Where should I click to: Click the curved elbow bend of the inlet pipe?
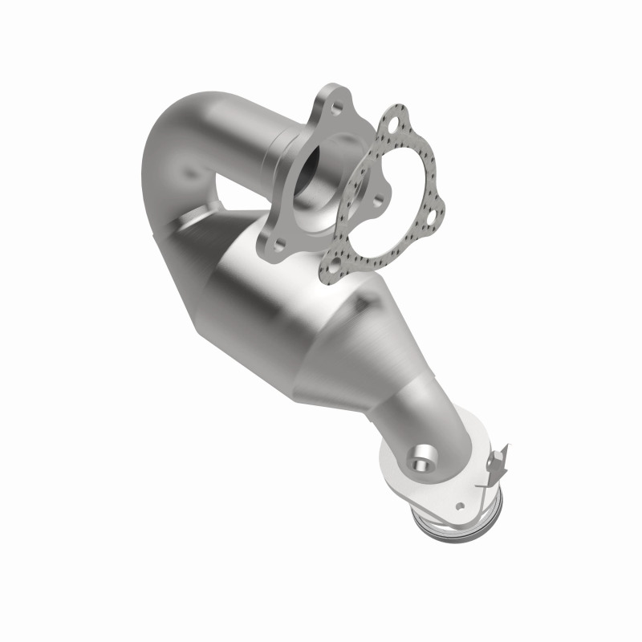pos(173,152)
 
